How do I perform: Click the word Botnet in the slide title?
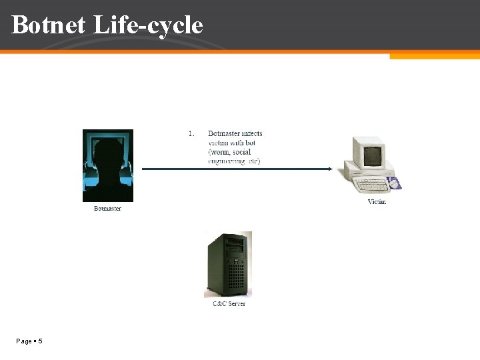48,25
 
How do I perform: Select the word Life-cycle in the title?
147,25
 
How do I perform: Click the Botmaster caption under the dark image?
107,209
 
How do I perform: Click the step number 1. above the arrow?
191,133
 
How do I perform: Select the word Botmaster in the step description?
224,133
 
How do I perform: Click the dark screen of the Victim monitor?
373,155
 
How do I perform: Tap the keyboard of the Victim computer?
370,184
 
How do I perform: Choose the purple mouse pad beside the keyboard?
395,183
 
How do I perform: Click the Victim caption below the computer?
377,202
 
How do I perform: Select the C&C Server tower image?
228,264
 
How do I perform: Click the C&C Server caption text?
229,303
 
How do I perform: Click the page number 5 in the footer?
41,341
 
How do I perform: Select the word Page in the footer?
23,341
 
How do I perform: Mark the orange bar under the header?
434,56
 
